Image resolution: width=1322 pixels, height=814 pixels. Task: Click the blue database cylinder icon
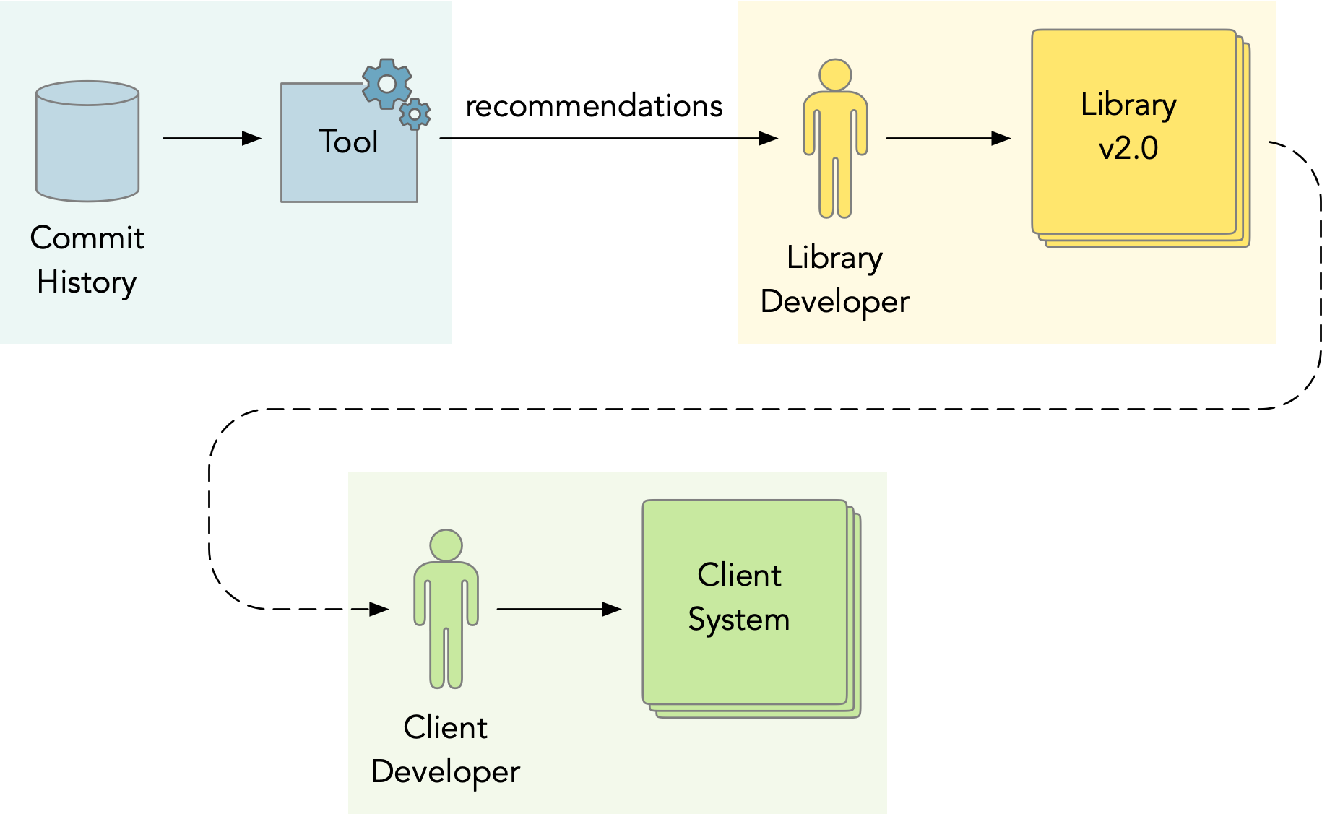(x=87, y=141)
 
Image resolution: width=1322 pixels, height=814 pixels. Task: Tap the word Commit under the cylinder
(x=87, y=238)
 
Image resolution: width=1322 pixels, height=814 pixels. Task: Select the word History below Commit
(x=87, y=282)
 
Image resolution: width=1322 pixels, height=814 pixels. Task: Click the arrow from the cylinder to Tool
(x=212, y=138)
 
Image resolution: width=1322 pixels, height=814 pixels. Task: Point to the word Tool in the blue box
(x=348, y=142)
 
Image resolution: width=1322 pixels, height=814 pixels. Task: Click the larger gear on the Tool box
(x=387, y=84)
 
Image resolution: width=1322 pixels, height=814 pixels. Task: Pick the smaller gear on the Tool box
(x=415, y=114)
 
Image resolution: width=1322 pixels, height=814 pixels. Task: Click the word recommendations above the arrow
(x=594, y=106)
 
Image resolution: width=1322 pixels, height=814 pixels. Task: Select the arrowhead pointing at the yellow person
(x=769, y=138)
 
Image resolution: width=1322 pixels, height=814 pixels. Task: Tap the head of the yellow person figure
(x=835, y=75)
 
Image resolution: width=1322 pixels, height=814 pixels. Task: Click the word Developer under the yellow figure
(x=835, y=302)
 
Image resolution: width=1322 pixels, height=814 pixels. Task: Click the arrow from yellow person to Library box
(x=949, y=138)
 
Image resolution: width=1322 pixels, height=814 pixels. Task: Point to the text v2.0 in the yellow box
(x=1128, y=149)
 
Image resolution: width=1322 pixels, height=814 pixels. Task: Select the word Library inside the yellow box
(x=1128, y=105)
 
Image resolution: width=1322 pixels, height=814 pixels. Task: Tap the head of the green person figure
(x=446, y=545)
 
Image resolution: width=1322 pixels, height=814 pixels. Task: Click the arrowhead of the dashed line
(x=379, y=609)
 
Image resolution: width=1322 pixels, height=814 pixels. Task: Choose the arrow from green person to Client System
(x=559, y=609)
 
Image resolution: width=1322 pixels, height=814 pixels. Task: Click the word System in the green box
(x=738, y=620)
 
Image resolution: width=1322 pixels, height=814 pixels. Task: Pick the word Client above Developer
(x=446, y=727)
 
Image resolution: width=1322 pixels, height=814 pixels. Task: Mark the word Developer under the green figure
(x=446, y=772)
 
